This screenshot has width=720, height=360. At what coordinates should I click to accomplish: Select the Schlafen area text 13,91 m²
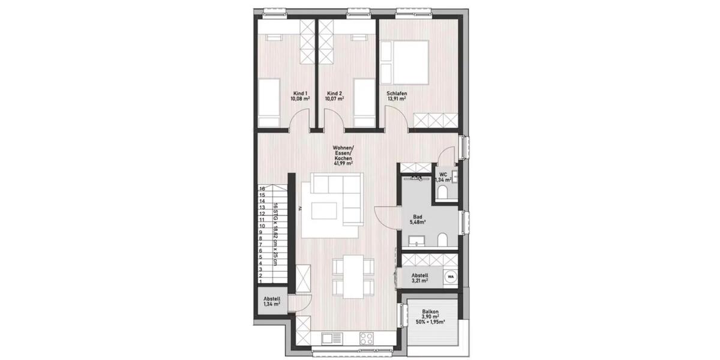397,99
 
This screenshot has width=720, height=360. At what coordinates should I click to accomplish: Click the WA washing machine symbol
450,277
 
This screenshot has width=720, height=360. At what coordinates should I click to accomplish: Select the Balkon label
430,312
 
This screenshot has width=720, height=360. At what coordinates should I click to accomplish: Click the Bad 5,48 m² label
418,220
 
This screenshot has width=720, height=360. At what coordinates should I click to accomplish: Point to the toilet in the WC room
443,192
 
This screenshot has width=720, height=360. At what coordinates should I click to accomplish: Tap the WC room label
443,175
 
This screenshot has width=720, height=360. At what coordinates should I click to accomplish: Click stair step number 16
262,188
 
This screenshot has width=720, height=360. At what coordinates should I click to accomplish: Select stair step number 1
262,281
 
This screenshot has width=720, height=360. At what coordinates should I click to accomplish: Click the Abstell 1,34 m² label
272,302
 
